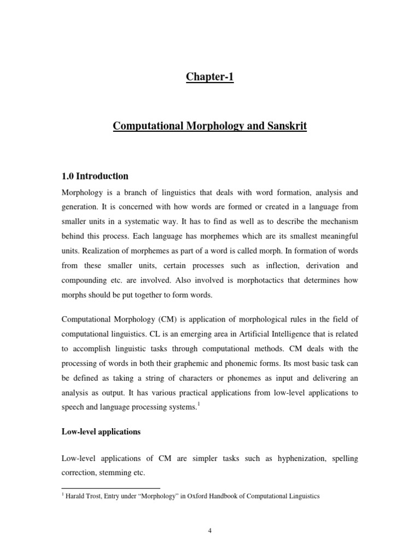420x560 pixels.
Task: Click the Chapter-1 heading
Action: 210,77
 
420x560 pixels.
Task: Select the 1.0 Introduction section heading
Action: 95,176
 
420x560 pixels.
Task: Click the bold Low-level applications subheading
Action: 101,431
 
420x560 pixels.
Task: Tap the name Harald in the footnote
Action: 76,496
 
